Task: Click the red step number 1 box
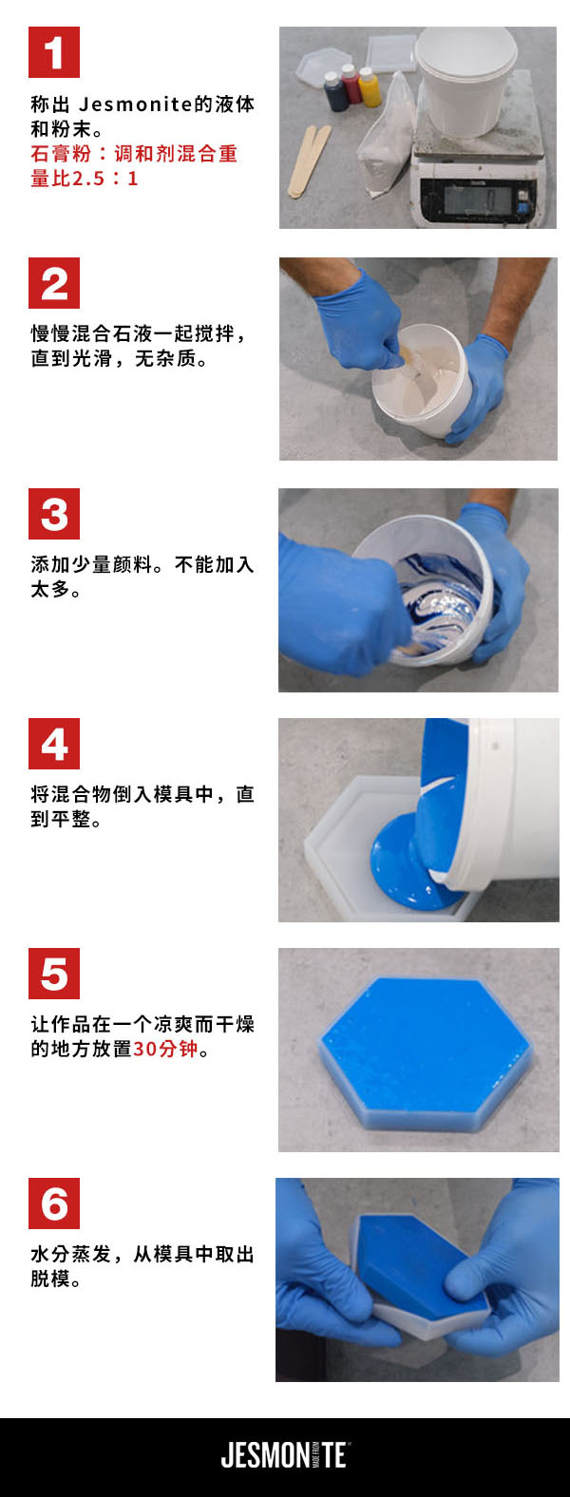pos(54,52)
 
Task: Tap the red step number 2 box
pos(54,283)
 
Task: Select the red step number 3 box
pos(54,514)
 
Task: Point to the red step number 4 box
pos(54,744)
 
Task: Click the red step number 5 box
pos(54,974)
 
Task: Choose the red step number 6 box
pos(54,1203)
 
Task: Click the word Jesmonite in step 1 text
pos(136,104)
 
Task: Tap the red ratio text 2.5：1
pos(104,179)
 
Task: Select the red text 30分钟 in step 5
pos(165,1050)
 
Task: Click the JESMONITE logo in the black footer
pos(285,1455)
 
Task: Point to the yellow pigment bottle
pos(370,87)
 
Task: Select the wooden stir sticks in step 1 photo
pos(310,161)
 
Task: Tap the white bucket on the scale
pos(465,79)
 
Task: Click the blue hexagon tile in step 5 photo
pos(425,1048)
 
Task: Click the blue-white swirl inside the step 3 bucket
pos(438,595)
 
